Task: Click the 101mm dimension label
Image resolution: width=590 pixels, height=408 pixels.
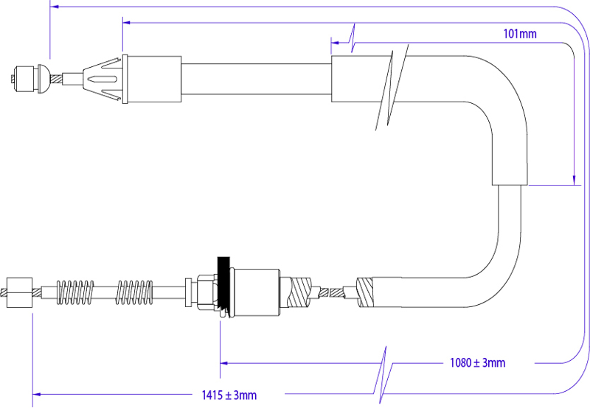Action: pos(520,34)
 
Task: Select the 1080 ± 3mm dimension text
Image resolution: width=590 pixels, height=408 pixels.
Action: pos(477,363)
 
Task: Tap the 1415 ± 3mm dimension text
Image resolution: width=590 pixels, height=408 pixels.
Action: pos(229,395)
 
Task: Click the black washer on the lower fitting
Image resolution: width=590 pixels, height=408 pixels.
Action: pos(223,286)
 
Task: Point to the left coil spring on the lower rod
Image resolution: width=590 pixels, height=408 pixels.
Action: pos(75,292)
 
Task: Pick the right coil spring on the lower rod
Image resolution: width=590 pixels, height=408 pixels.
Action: pos(134,292)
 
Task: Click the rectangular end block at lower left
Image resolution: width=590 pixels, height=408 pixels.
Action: pos(20,292)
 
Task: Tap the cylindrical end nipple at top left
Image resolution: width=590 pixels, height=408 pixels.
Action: pos(24,79)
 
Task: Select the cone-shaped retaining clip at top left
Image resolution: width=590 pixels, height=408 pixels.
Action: pos(103,79)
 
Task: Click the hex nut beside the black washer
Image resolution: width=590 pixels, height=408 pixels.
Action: pos(206,292)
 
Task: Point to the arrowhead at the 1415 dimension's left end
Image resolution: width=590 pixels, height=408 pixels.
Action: pos(36,394)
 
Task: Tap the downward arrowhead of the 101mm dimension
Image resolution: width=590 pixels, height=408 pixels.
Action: pos(574,180)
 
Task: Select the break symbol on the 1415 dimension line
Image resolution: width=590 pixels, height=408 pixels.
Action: pos(383,376)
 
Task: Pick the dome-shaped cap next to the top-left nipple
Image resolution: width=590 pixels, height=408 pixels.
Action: pos(44,79)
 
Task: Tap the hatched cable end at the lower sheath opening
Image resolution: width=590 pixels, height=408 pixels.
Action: pos(364,292)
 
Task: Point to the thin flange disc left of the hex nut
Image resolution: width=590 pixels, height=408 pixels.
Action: pos(188,292)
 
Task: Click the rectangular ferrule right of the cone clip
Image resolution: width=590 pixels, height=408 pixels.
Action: pos(152,79)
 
